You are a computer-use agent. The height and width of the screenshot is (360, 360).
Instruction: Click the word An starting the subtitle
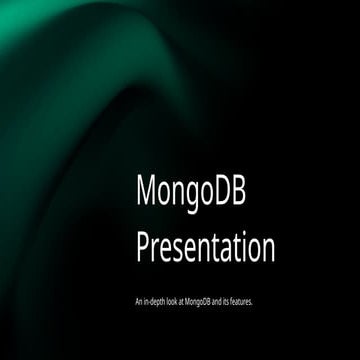pyautogui.click(x=137, y=300)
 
